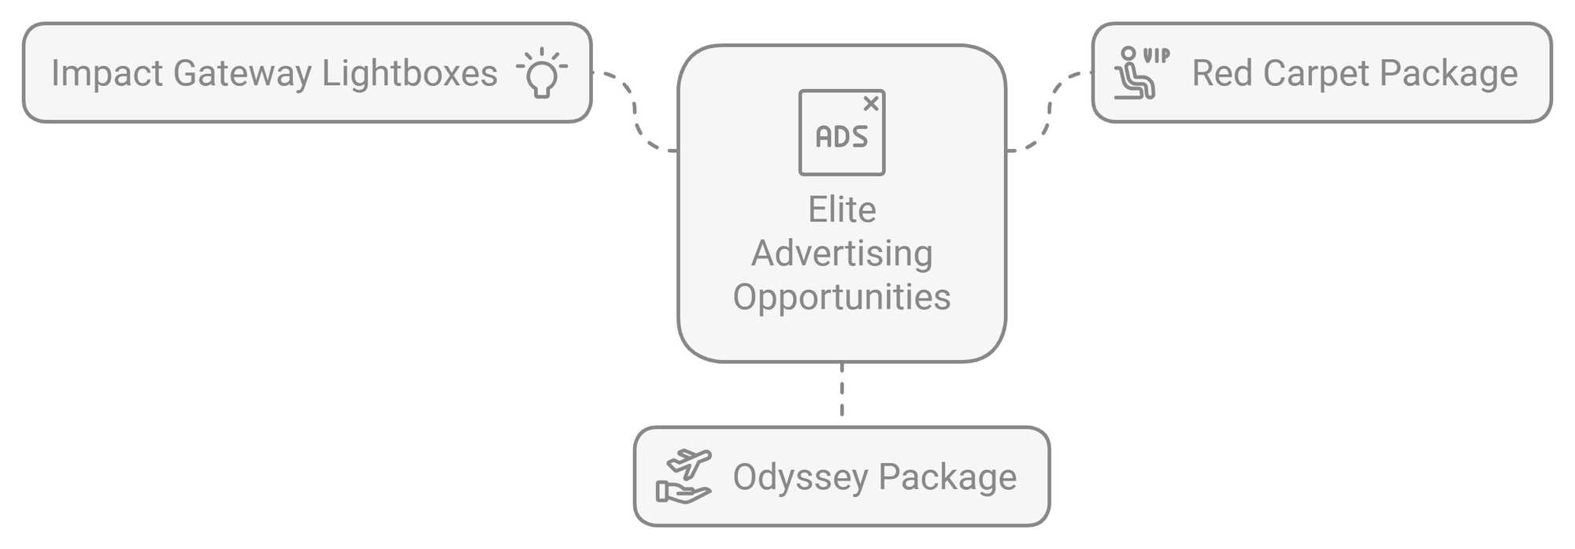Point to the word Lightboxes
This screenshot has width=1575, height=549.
409,74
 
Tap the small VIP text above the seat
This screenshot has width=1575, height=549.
1156,56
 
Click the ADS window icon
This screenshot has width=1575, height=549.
842,132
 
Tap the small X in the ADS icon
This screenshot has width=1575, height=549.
871,103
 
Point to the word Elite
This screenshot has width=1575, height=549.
842,210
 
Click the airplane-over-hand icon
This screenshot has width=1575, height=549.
684,477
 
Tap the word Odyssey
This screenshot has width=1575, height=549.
800,478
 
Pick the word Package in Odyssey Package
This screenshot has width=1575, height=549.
947,478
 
